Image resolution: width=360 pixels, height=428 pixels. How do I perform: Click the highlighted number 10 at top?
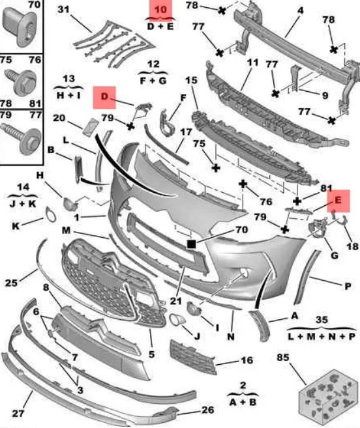(160, 10)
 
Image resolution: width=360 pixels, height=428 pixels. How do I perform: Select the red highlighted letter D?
(104, 96)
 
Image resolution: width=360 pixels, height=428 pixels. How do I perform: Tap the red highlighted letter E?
(338, 200)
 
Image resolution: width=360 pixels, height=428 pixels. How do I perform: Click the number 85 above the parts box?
(283, 357)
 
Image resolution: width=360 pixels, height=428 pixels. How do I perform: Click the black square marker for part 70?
(191, 244)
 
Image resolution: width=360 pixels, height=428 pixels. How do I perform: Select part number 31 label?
(64, 10)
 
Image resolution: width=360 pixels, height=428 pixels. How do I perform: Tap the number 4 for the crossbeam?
(301, 10)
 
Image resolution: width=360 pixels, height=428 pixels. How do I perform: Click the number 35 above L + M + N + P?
(322, 319)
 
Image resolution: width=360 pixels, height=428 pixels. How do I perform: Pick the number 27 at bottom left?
(18, 413)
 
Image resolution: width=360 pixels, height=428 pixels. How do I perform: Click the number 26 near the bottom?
(207, 410)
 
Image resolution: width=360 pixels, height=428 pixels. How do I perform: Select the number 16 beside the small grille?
(247, 360)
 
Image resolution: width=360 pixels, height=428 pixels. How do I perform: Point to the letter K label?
(16, 226)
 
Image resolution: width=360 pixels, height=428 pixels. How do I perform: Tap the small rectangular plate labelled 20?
(90, 126)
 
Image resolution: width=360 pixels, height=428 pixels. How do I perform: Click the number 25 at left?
(11, 283)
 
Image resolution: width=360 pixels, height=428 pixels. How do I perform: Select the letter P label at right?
(348, 287)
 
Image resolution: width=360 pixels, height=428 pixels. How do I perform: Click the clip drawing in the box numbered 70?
(20, 27)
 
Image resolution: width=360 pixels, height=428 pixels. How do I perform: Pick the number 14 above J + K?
(23, 187)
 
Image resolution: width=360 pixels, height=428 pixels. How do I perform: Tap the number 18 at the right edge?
(352, 246)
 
